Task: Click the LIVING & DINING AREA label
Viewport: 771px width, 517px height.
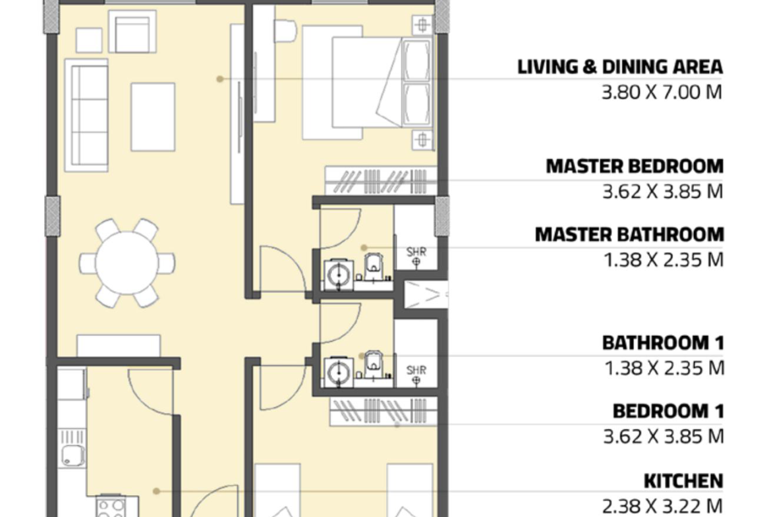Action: tap(619, 67)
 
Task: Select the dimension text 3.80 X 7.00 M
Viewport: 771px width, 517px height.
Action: tap(662, 92)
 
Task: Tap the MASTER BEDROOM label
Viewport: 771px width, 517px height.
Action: tap(635, 166)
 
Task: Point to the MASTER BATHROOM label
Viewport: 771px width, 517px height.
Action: tap(629, 234)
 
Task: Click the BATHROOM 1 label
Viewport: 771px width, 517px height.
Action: tap(664, 342)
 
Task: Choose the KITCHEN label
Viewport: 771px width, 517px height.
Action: tap(683, 481)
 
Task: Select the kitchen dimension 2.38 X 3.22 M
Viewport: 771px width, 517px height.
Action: tap(662, 506)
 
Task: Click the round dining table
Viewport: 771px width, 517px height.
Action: tap(127, 263)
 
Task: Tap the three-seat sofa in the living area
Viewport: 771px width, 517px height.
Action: tap(86, 115)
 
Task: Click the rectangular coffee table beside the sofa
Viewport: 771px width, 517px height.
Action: tap(153, 117)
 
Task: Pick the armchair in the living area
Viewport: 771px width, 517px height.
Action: tap(132, 32)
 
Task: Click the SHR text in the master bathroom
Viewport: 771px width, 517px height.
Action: tap(416, 252)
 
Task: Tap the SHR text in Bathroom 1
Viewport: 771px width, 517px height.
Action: tap(416, 369)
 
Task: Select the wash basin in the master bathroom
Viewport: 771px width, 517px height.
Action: tap(339, 275)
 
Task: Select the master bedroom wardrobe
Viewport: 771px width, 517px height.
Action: tap(381, 180)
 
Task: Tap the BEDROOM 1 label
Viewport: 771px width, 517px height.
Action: tap(668, 411)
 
